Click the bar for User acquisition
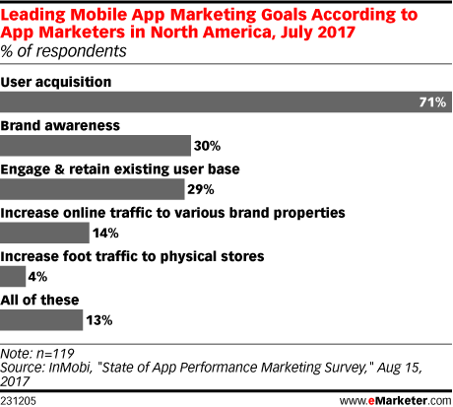tap(226, 102)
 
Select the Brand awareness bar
tap(96, 146)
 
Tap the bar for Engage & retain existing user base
tap(93, 189)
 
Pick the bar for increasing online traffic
tap(44, 233)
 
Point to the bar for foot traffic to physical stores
tap(13, 276)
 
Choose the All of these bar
tap(41, 320)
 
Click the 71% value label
tap(432, 102)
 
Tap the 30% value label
tap(207, 146)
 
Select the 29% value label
tap(201, 189)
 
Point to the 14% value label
tap(105, 234)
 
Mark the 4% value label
tap(37, 277)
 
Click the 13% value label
tap(99, 320)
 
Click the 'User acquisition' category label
tap(56, 82)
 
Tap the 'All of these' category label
tap(39, 300)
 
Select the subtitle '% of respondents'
tap(63, 51)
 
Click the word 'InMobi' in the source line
tap(69, 368)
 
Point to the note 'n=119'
tap(55, 354)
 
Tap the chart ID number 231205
tap(18, 401)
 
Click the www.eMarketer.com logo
tap(396, 401)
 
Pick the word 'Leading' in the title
tap(32, 15)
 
